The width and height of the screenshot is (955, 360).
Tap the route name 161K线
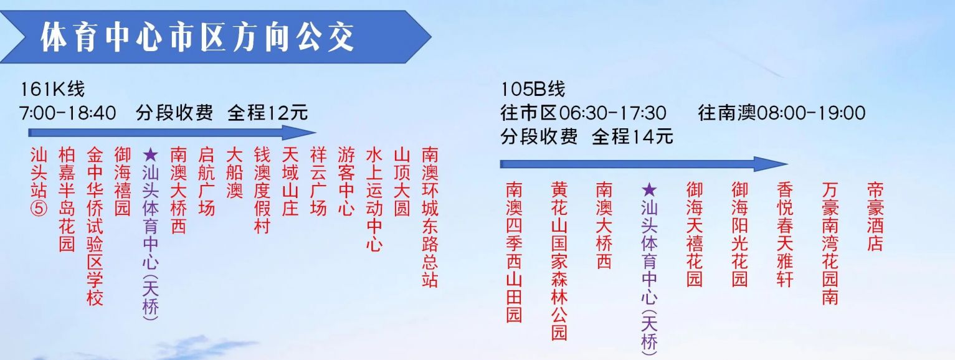52,90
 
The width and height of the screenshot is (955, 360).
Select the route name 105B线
533,90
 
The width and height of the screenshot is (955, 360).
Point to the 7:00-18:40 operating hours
68,113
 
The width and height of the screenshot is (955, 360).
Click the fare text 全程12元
268,113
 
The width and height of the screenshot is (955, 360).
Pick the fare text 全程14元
632,136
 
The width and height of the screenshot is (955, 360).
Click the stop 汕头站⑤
39,181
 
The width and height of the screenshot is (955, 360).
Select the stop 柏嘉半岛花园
67,199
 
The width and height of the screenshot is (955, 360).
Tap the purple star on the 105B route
649,189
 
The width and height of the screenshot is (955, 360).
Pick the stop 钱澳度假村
262,190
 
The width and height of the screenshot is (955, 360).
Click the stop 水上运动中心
374,199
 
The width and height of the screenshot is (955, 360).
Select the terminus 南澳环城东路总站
430,217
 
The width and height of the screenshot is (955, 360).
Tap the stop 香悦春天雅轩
785,234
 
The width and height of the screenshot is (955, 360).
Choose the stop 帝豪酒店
875,216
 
